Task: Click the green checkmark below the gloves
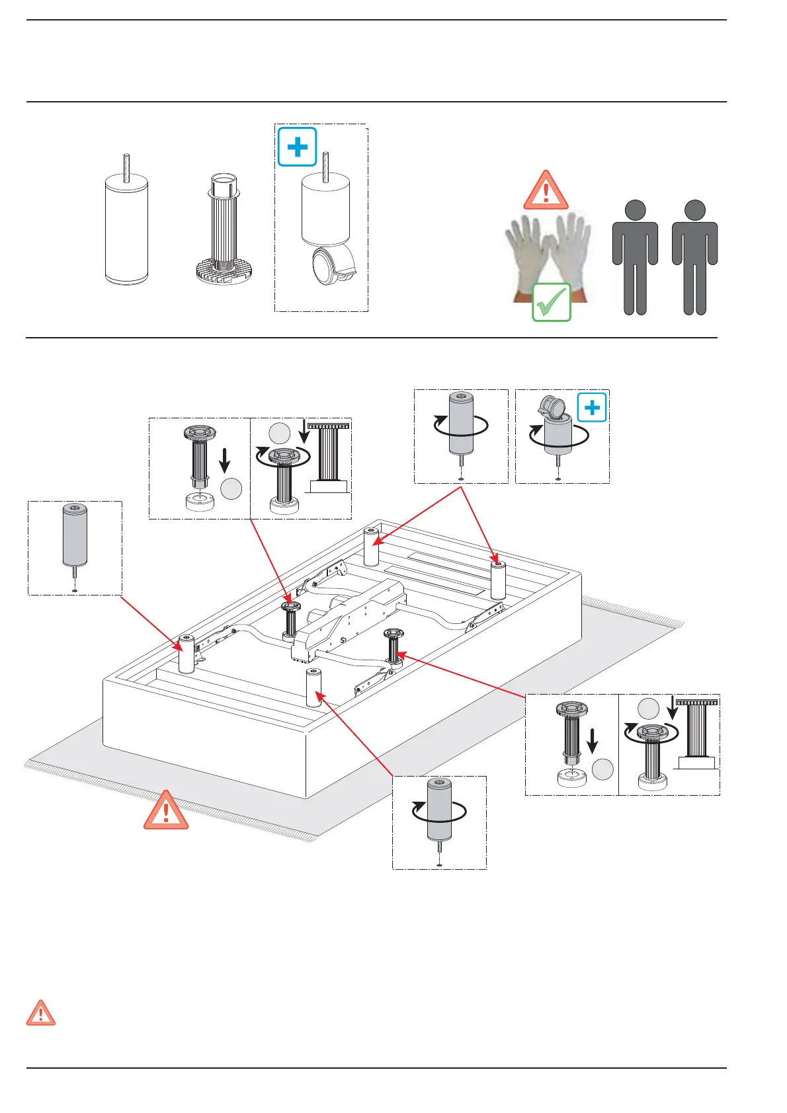552,302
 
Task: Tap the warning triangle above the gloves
546,190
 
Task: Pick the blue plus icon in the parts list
298,147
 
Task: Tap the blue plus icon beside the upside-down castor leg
592,407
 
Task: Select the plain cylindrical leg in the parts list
126,228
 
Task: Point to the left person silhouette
635,258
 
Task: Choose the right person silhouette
694,258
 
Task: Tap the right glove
570,251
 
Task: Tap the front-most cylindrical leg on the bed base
313,687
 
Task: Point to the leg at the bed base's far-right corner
498,580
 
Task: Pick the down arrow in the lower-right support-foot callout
592,740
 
